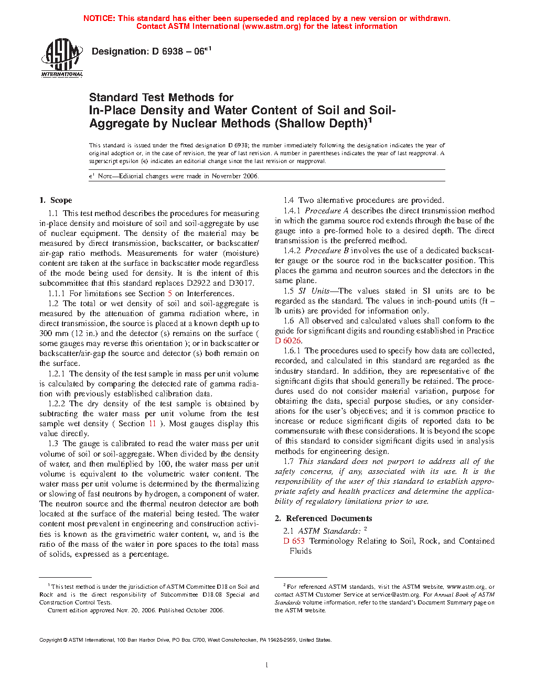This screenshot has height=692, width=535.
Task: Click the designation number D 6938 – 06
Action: (151, 51)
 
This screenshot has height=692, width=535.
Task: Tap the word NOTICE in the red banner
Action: (99, 18)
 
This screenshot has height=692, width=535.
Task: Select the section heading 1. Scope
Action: (56, 200)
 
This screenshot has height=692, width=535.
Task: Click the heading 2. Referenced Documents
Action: (324, 518)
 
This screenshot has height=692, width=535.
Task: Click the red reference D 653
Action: (294, 541)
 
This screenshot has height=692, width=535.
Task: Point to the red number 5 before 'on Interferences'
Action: (170, 294)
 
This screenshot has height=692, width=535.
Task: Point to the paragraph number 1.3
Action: (53, 444)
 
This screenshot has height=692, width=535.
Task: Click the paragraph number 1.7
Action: (288, 461)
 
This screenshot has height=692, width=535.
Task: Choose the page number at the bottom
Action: (267, 665)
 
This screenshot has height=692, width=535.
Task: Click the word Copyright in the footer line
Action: (51, 640)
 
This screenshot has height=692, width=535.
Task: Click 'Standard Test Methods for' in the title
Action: (161, 98)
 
